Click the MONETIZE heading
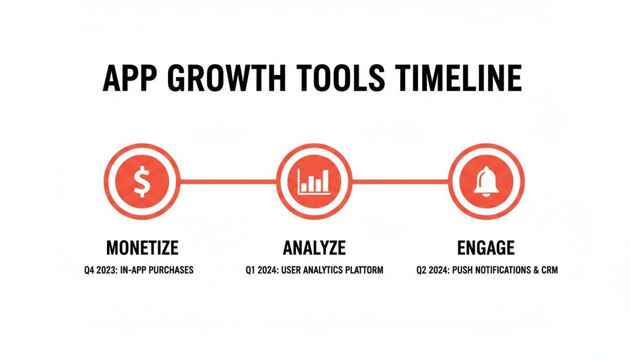(142, 247)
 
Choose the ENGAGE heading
(486, 247)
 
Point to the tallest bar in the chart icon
(325, 181)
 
